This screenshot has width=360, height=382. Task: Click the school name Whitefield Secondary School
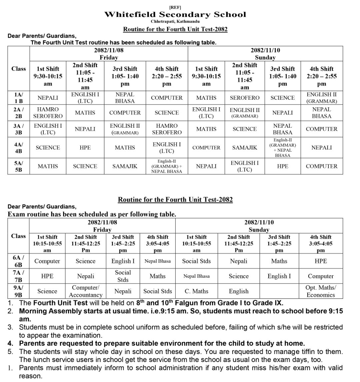(175, 14)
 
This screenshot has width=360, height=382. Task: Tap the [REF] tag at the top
(175, 7)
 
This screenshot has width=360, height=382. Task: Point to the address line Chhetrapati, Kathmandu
(175, 21)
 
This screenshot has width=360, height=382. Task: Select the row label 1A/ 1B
(18, 98)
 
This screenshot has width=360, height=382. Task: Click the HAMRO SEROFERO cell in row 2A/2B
(48, 113)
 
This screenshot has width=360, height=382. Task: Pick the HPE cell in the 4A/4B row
(85, 148)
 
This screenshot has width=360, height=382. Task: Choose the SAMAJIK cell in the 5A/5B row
(125, 166)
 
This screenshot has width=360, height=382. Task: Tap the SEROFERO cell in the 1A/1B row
(245, 98)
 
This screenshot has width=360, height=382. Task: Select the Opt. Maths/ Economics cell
(321, 291)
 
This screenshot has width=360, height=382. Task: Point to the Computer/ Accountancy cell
(85, 291)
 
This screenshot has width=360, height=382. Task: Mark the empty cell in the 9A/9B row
(279, 291)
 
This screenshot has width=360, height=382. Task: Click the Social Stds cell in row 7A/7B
(123, 276)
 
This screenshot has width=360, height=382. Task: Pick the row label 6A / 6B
(18, 261)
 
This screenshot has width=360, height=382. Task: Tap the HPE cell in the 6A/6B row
(321, 261)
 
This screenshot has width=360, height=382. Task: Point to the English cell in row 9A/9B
(239, 291)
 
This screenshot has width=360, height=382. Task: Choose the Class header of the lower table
(18, 236)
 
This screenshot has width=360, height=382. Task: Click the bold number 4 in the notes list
(10, 343)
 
